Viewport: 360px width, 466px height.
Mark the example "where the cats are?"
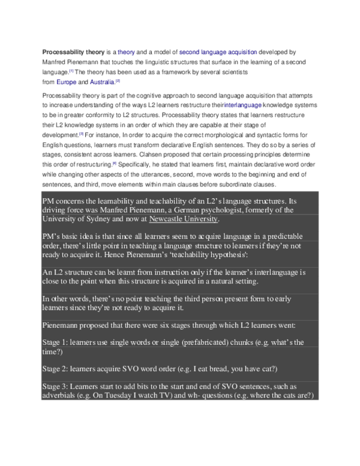270,396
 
